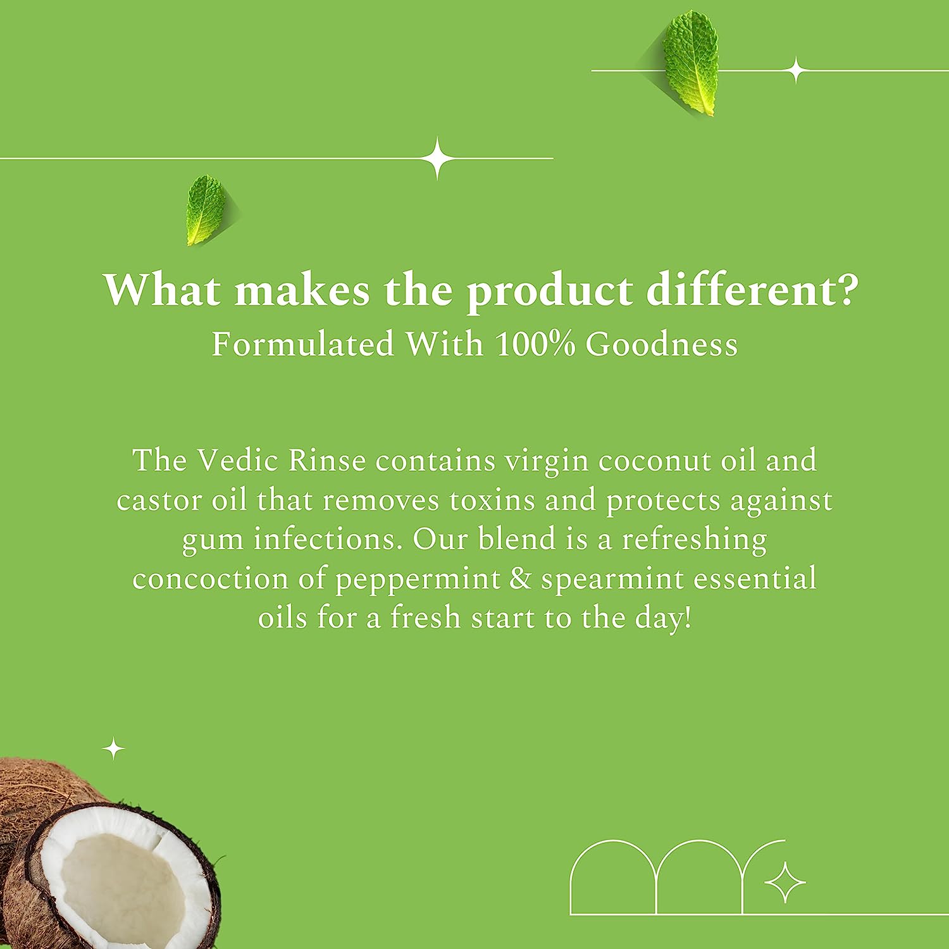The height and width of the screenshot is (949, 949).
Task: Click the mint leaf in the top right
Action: click(x=691, y=63)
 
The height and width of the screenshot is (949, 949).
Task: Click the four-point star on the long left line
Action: click(x=437, y=158)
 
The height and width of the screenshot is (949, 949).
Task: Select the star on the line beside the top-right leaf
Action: click(x=797, y=70)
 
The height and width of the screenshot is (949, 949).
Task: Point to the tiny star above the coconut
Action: click(x=114, y=749)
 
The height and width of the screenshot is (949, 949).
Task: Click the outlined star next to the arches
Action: click(x=785, y=881)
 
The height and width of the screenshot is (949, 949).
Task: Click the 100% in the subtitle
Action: click(x=535, y=345)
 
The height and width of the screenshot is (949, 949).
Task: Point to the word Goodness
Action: click(x=661, y=345)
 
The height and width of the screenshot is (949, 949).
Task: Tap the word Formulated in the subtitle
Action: click(x=303, y=345)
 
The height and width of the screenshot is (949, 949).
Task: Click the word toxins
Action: click(x=491, y=500)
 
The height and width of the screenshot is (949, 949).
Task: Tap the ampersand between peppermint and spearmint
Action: click(x=520, y=579)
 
